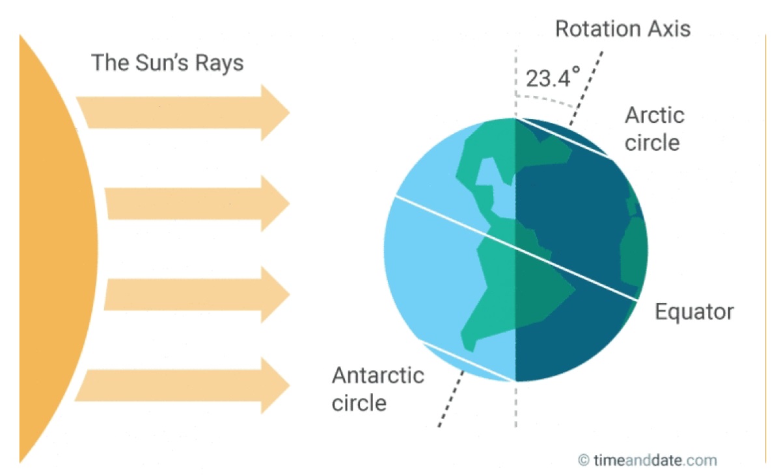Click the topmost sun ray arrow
pyautogui.click(x=184, y=112)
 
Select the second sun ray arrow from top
pyautogui.click(x=198, y=203)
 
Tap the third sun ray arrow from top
pyautogui.click(x=198, y=294)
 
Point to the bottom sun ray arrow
pyautogui.click(x=184, y=385)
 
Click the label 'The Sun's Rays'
pyautogui.click(x=167, y=63)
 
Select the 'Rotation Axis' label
pyautogui.click(x=623, y=29)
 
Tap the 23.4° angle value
pyautogui.click(x=553, y=78)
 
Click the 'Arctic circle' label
pyautogui.click(x=654, y=129)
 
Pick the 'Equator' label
pyautogui.click(x=694, y=312)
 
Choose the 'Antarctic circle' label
pyautogui.click(x=378, y=389)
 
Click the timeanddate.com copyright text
pyautogui.click(x=648, y=460)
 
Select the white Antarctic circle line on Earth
pyautogui.click(x=467, y=362)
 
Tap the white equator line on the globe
pyautogui.click(x=515, y=248)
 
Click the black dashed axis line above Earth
pyautogui.click(x=586, y=88)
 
